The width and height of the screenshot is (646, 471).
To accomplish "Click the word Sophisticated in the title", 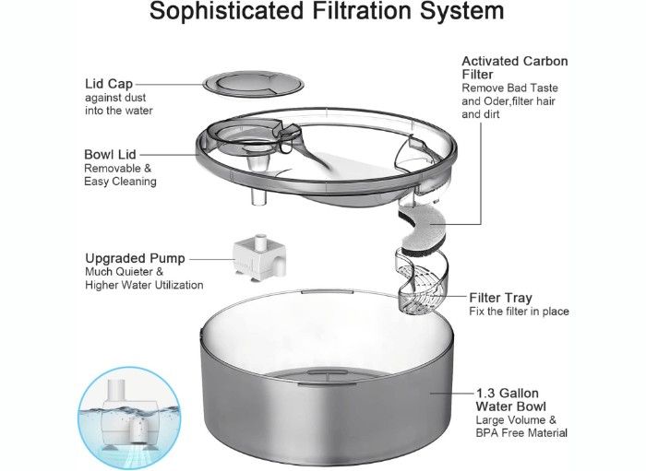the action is pos(227,11).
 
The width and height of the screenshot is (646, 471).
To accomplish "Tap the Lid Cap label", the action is pos(109,84).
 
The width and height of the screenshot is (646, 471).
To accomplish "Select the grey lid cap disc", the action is pos(254,84).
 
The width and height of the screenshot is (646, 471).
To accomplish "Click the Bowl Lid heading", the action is pos(110,154).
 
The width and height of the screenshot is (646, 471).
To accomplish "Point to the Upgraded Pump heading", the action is pos(135,258).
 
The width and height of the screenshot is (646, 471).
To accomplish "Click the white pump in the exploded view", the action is pos(259,259).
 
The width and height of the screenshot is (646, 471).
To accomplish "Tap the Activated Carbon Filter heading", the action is pos(515,67).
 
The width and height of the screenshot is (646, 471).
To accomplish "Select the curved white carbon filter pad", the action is pos(422,230).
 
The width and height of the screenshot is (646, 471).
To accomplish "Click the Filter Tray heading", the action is pos(500,298).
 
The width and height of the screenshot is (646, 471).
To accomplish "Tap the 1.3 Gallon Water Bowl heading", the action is pos(511,400).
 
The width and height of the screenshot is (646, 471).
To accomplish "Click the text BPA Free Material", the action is pos(521,432).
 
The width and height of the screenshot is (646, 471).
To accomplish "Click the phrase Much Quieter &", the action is pos(124,272).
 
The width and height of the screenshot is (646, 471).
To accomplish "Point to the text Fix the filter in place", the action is pos(519,311).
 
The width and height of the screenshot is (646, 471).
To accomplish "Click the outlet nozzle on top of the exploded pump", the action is pos(260,241).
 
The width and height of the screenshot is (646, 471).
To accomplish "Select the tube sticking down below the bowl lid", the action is pos(258,195).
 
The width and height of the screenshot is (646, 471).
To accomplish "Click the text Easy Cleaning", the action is pos(120,182).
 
